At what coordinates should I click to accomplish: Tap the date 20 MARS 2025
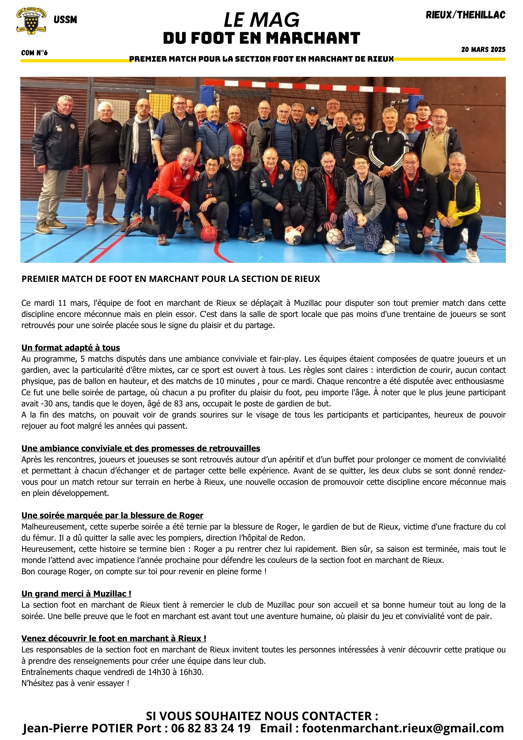483,50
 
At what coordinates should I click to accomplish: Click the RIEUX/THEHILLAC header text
465,15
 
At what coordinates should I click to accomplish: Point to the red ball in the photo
209,234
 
